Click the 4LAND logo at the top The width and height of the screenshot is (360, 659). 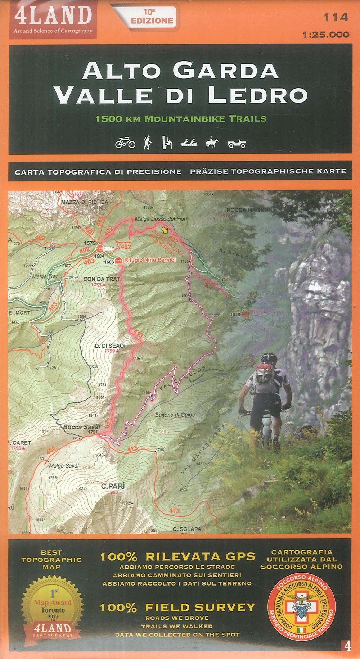tap(53, 18)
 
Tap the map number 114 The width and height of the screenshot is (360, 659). tap(336, 17)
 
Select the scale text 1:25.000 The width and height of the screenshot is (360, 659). tap(326, 35)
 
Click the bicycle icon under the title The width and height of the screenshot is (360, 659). tap(125, 143)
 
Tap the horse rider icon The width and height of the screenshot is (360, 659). tap(212, 143)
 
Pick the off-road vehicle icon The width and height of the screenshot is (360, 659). tap(237, 144)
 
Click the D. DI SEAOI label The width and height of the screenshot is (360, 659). tap(110, 346)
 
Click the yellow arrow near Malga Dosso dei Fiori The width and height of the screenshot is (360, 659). tap(165, 229)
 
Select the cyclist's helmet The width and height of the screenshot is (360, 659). tap(269, 358)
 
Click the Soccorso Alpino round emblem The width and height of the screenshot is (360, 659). tap(302, 605)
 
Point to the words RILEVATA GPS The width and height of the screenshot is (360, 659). tap(200, 556)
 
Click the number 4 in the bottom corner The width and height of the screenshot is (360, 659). tap(347, 646)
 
